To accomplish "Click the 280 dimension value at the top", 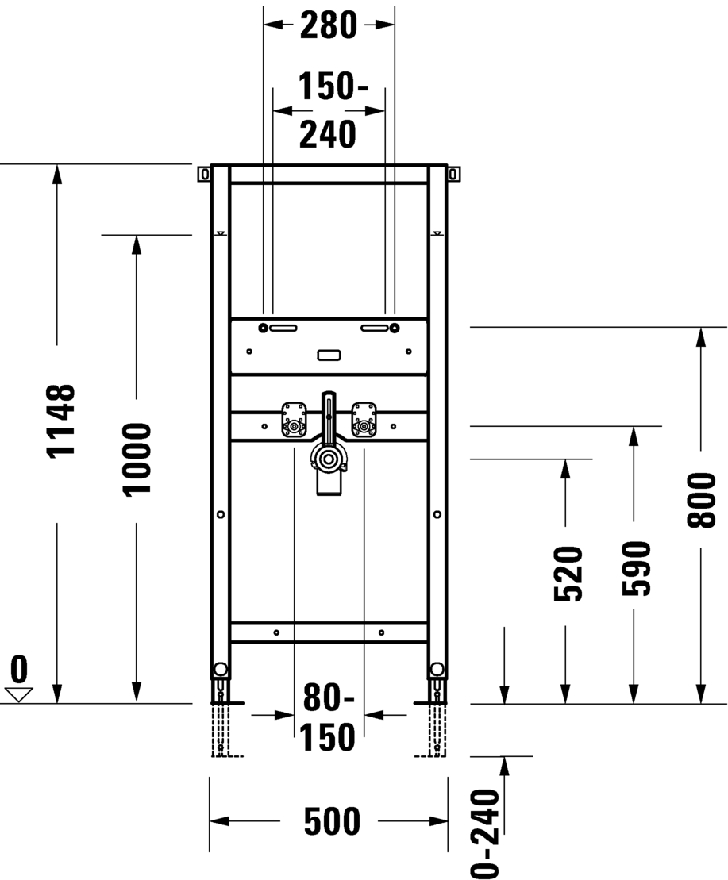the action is pyautogui.click(x=329, y=25).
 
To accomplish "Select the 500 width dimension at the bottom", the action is pyautogui.click(x=332, y=821).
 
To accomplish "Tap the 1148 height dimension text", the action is pyautogui.click(x=60, y=421).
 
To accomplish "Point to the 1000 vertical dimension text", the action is pyautogui.click(x=137, y=459).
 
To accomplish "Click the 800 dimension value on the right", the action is pyautogui.click(x=702, y=500).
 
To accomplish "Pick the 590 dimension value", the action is pyautogui.click(x=635, y=568).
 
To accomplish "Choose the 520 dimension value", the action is pyautogui.click(x=568, y=574).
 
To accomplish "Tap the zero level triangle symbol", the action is pyautogui.click(x=19, y=695).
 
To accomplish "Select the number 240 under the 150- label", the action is pyautogui.click(x=328, y=135).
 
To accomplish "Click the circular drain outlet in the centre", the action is pyautogui.click(x=326, y=459).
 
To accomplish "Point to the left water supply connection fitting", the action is pyautogui.click(x=294, y=420).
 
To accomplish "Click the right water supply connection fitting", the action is pyautogui.click(x=364, y=420).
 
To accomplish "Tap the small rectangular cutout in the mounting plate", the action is pyautogui.click(x=329, y=355).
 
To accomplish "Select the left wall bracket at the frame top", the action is pyautogui.click(x=204, y=174).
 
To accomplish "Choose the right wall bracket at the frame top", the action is pyautogui.click(x=453, y=174).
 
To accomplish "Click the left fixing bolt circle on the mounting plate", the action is pyautogui.click(x=263, y=328).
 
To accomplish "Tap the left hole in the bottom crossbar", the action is pyautogui.click(x=276, y=633).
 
